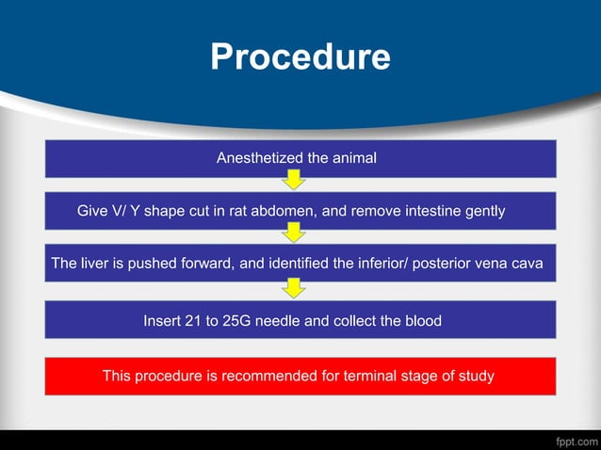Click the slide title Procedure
pos(300,57)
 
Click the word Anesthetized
pos(259,159)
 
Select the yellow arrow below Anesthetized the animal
pos(295,179)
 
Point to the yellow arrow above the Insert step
pos(295,286)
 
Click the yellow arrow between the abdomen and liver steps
pos(295,232)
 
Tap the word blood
pos(421,321)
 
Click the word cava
pos(527,265)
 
